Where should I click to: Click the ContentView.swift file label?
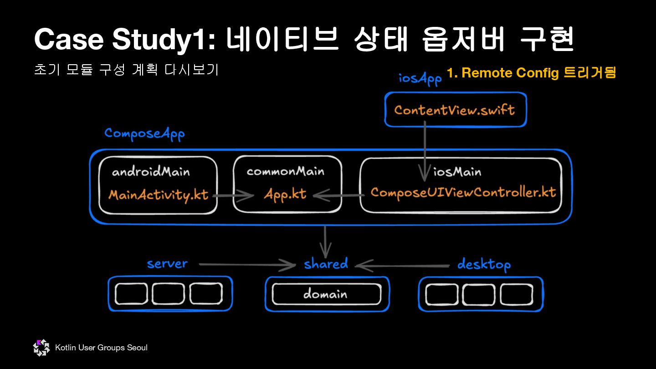454,110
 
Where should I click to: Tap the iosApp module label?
420,78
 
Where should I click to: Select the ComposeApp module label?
144,133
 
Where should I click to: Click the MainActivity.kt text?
158,195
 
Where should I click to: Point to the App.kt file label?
285,195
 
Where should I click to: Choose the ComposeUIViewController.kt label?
463,192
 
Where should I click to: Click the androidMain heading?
151,172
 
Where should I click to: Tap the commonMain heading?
285,171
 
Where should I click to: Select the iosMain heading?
457,172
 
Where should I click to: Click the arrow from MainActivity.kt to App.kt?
233,196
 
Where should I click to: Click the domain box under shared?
326,294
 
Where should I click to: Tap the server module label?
167,264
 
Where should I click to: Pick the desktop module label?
484,265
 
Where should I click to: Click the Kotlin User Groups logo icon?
41,348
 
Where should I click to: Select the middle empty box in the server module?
169,294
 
